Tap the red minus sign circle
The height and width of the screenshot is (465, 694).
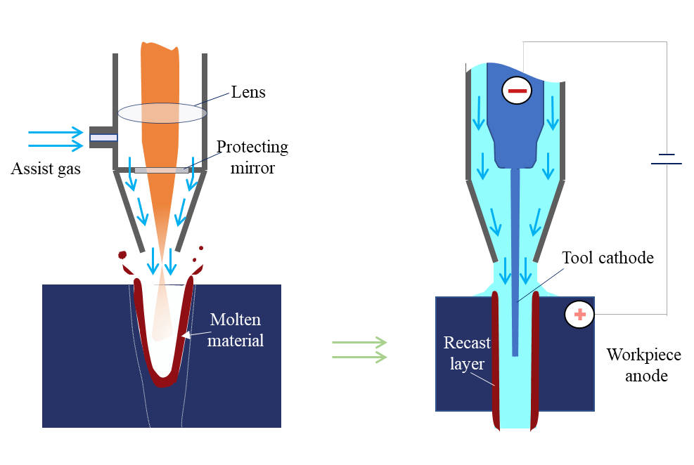coord(517,91)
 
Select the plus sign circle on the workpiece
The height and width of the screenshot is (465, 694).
coord(579,315)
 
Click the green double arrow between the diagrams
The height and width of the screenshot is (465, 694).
coord(359,350)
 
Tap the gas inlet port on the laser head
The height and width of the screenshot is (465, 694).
coord(103,138)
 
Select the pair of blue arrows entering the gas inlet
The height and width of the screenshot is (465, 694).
coord(55,138)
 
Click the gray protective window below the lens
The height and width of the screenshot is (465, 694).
coord(160,170)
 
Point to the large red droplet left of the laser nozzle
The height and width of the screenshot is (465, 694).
coord(122,254)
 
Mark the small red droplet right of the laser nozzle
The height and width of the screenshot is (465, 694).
coord(202,248)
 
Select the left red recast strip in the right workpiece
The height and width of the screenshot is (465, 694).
coord(495,358)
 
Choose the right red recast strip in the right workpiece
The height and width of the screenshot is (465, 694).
coord(536,358)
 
